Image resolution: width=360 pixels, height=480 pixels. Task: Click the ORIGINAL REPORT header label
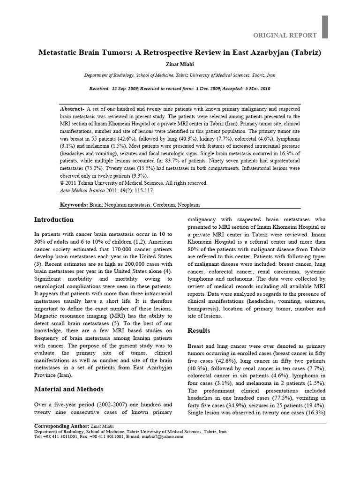tap(285, 35)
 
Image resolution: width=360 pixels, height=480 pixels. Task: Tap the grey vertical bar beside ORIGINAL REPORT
tap(325, 27)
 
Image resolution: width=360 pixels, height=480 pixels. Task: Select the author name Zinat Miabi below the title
tap(180, 64)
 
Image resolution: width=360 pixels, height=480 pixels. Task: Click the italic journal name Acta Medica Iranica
tap(84, 191)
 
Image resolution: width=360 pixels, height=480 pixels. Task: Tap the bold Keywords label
tap(74, 205)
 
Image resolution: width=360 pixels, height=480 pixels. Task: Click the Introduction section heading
tap(54, 220)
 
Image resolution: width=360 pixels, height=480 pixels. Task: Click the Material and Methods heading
tap(69, 389)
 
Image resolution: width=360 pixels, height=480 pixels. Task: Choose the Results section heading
tap(200, 330)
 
